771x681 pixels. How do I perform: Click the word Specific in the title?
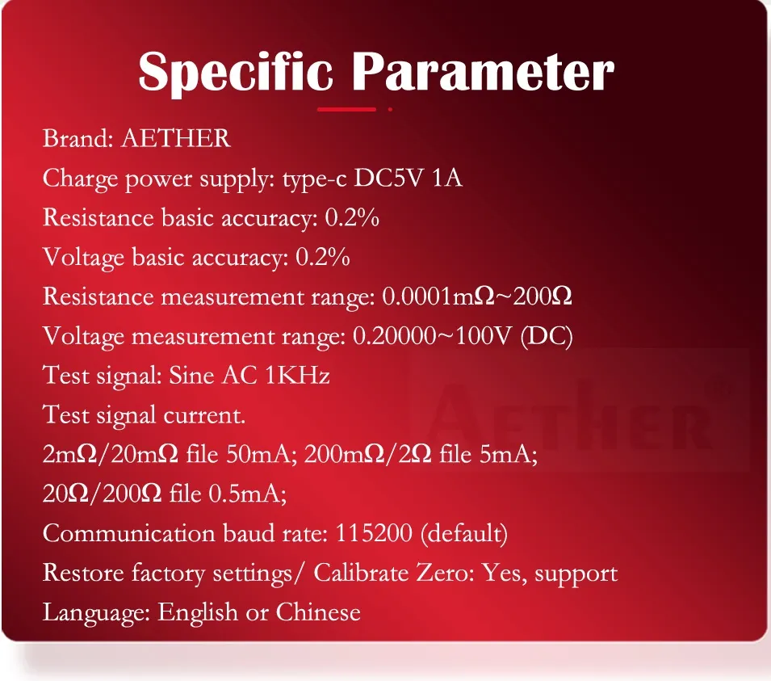click(236, 73)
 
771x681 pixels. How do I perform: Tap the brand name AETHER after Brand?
click(175, 138)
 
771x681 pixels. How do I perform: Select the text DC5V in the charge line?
click(388, 178)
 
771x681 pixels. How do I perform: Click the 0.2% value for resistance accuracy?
click(352, 217)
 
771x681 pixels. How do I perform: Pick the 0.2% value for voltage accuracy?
click(323, 257)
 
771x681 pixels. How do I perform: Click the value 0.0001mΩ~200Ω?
click(477, 296)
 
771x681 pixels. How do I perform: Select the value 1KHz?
click(297, 376)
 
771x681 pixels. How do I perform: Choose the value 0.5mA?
click(248, 493)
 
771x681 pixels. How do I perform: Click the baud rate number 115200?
click(374, 533)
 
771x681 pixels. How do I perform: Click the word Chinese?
click(318, 612)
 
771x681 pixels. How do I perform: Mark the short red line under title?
click(346, 109)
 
